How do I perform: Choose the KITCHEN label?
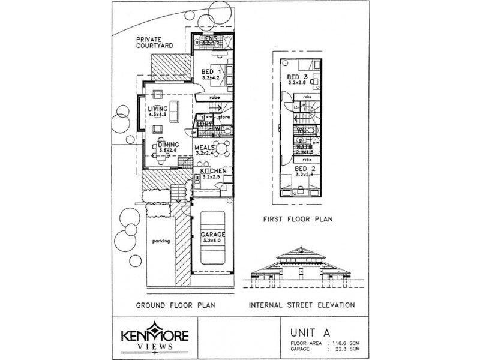pos(213,171)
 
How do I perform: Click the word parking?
pos(161,241)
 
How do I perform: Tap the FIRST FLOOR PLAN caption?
pos(297,220)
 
